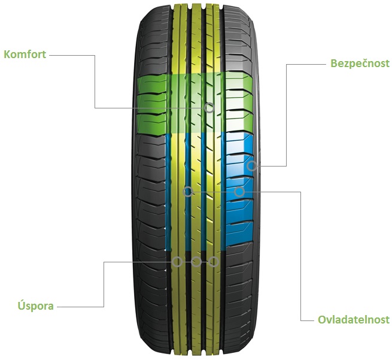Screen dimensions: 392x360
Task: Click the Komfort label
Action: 25,55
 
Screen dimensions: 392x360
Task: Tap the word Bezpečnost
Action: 360,63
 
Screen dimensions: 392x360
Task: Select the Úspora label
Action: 36,305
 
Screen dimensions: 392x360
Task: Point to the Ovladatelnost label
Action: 354,320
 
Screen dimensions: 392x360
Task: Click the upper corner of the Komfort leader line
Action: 95,55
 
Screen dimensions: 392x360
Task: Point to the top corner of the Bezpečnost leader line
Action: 286,64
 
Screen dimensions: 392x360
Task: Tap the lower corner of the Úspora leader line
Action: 104,307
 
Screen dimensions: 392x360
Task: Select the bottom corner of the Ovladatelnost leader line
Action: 300,320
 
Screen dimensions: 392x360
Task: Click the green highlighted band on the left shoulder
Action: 151,105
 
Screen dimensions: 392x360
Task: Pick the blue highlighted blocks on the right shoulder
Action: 239,189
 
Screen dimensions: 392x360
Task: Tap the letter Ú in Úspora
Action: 22,305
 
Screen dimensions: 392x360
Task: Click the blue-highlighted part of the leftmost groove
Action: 168,192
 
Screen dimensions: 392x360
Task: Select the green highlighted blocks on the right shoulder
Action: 239,102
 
